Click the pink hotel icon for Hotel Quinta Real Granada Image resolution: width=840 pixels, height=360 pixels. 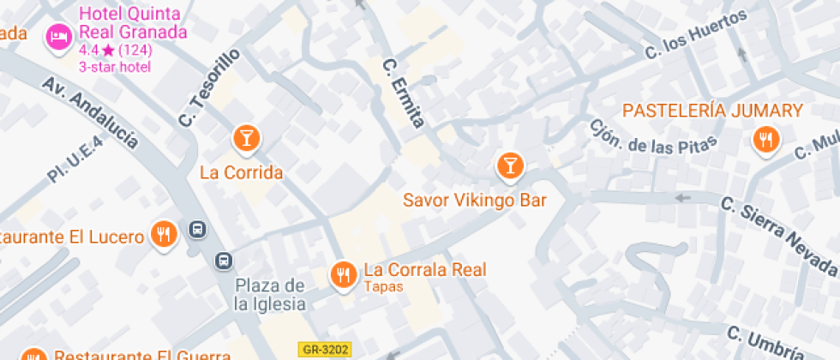[x=58, y=37]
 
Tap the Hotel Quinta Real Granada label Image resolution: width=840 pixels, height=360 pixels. [x=133, y=23]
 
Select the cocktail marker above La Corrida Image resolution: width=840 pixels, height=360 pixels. [x=246, y=137]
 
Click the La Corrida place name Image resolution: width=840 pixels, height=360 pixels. [x=241, y=172]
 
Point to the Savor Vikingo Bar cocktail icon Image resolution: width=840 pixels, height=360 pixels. [x=510, y=165]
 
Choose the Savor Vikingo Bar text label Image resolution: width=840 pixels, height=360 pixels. [x=475, y=200]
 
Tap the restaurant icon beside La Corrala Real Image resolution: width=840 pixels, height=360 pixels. [x=344, y=273]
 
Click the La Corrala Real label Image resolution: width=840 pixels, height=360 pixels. [x=425, y=270]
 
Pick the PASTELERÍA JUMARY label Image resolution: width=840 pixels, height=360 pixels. [x=712, y=111]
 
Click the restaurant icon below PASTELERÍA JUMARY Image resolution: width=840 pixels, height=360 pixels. [x=765, y=140]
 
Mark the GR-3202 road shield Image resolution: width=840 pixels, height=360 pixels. [x=325, y=349]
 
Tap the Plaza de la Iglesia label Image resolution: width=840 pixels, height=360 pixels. [x=270, y=294]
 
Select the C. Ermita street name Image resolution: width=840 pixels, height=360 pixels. [x=404, y=92]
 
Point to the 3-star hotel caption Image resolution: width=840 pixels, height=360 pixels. [x=115, y=67]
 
